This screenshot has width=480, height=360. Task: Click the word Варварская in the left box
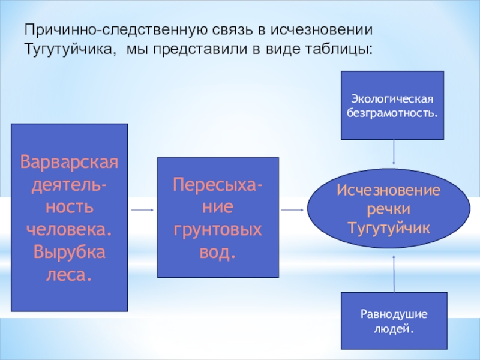(70, 162)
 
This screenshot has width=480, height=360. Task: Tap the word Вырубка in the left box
(70, 252)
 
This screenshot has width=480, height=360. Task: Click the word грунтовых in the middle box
(218, 230)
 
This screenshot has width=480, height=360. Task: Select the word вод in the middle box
(218, 253)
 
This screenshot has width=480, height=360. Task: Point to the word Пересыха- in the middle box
(218, 184)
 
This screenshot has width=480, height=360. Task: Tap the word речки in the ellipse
(388, 209)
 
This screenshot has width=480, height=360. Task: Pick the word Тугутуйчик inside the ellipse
(388, 227)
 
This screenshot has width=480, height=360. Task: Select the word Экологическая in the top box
(392, 99)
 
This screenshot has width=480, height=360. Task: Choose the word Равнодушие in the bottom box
(393, 315)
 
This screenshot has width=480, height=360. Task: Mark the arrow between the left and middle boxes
(142, 210)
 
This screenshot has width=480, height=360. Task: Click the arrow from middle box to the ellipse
(292, 210)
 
